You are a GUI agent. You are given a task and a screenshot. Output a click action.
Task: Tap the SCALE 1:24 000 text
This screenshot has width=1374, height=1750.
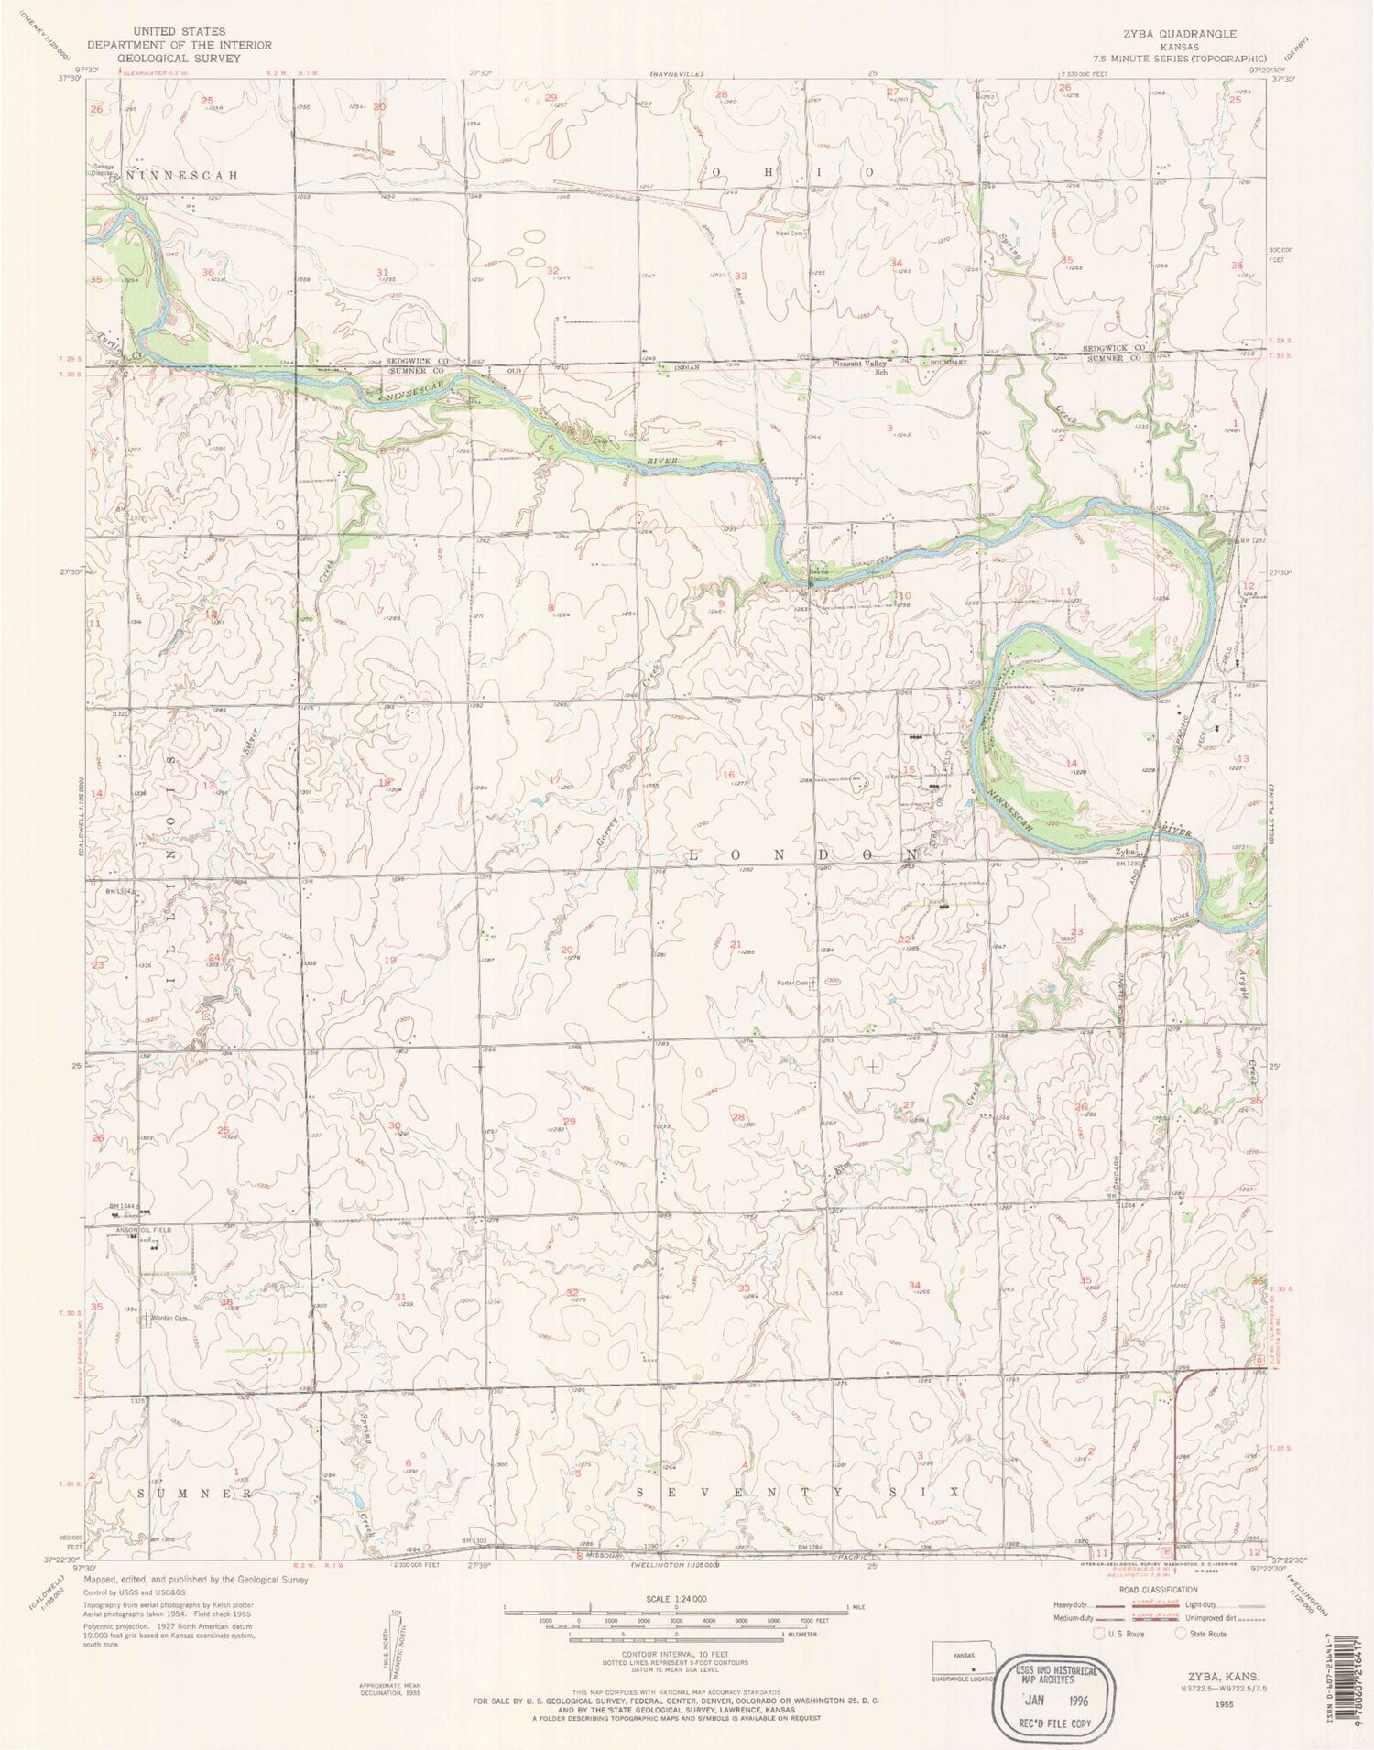click(676, 1597)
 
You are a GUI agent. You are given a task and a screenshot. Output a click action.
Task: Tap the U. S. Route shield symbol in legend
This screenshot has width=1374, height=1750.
click(1099, 1633)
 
